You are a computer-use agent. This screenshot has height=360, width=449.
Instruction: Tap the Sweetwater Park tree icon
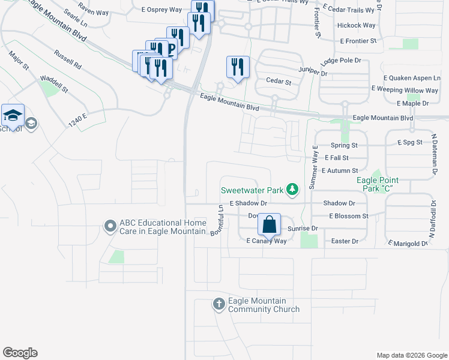pyautogui.click(x=292, y=190)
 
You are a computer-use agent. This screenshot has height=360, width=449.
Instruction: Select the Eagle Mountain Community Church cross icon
pyautogui.click(x=218, y=305)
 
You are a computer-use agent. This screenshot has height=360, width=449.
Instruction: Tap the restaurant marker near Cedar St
pyautogui.click(x=238, y=67)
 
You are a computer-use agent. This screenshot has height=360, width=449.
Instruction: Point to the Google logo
pyautogui.click(x=20, y=353)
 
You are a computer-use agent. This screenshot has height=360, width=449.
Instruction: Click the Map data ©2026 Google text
pyautogui.click(x=412, y=355)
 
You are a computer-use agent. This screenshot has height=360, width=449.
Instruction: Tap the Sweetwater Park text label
pyautogui.click(x=252, y=190)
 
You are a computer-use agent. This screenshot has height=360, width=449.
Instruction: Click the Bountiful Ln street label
pyautogui.click(x=216, y=220)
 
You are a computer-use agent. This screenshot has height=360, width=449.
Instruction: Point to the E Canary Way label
pyautogui.click(x=267, y=241)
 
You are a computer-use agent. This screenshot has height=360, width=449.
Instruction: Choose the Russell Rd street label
pyautogui.click(x=67, y=58)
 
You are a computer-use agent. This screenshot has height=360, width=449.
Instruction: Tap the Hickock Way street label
pyautogui.click(x=356, y=26)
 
